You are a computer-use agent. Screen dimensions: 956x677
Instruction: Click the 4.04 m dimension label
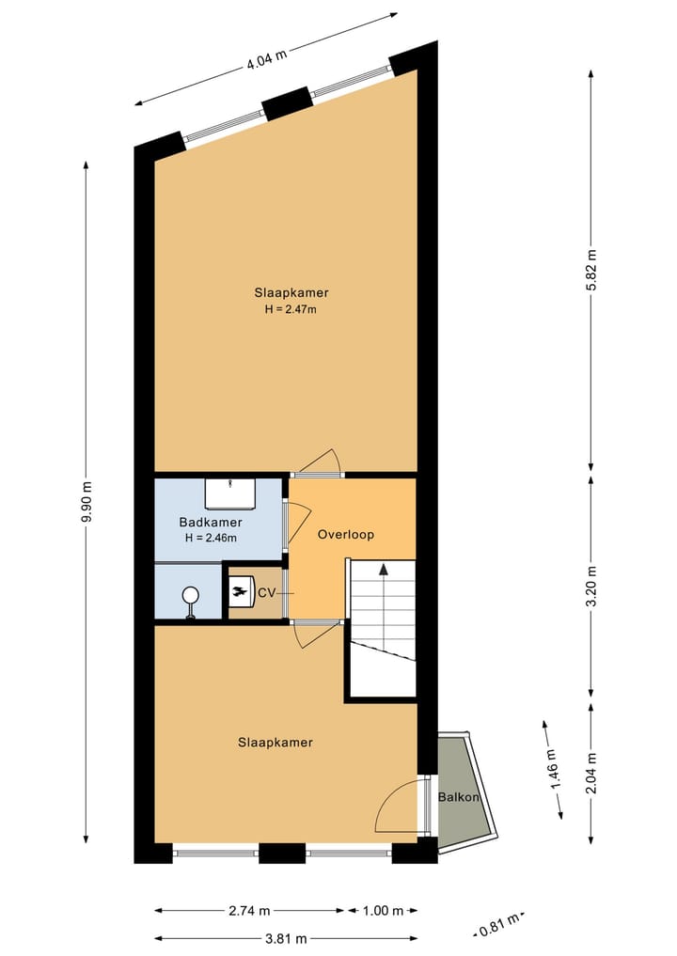coord(266,64)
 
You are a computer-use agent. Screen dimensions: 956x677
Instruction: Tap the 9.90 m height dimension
coord(87,502)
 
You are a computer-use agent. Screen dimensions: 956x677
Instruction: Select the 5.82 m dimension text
coord(591,271)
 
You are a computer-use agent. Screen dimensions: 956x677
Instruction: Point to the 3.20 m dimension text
coord(591,587)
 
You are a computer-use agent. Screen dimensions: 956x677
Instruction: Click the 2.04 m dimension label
coord(591,773)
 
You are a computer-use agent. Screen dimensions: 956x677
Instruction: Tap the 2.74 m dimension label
coord(249,910)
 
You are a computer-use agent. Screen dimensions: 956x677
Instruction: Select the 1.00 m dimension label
coord(383,910)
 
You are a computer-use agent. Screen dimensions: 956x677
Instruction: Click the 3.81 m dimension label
coord(287,937)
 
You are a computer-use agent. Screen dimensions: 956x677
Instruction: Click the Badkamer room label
coord(211,523)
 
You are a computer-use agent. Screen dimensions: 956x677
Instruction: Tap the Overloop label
coord(346,534)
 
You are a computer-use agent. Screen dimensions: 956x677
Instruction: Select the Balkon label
coord(459,797)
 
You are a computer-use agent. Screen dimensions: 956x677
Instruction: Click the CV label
coord(266,593)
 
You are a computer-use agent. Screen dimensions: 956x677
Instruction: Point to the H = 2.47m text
coord(291,309)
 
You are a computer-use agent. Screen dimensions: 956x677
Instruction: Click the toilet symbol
coord(191,599)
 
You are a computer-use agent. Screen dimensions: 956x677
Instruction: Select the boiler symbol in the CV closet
coord(241,592)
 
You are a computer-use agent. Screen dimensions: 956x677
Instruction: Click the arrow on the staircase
coord(383,569)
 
